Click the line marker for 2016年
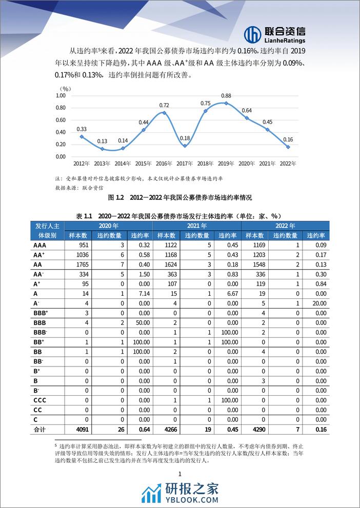pyautogui.click(x=165, y=113)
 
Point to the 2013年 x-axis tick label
pyautogui.click(x=103, y=164)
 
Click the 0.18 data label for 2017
pyautogui.click(x=186, y=138)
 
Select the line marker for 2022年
pyautogui.click(x=288, y=147)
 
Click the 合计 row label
pyautogui.click(x=39, y=430)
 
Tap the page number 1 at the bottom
pyautogui.click(x=180, y=475)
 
